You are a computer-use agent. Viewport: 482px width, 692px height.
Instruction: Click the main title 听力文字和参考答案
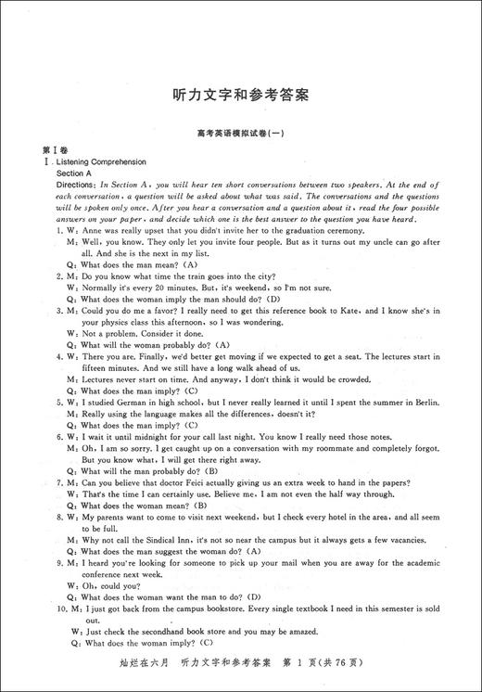coord(241,95)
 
